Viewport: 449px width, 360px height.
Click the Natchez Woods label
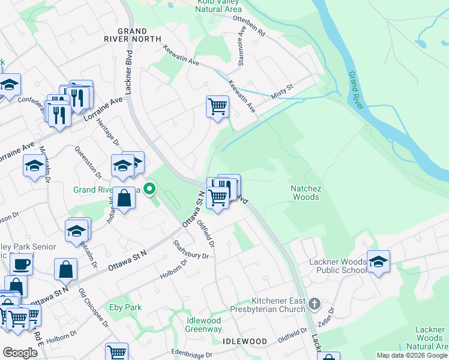(306, 193)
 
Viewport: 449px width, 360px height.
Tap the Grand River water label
(357, 90)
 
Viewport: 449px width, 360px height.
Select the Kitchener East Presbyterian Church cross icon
(313, 304)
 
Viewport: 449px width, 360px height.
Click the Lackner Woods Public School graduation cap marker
(378, 262)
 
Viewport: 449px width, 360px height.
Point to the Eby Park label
(125, 307)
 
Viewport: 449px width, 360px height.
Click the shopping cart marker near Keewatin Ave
(217, 107)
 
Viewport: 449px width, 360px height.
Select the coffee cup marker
(21, 263)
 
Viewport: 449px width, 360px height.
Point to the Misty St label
(281, 88)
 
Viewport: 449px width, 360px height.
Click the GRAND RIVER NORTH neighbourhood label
(133, 35)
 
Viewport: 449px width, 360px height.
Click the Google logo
(20, 353)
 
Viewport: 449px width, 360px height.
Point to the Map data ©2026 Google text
(411, 355)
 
